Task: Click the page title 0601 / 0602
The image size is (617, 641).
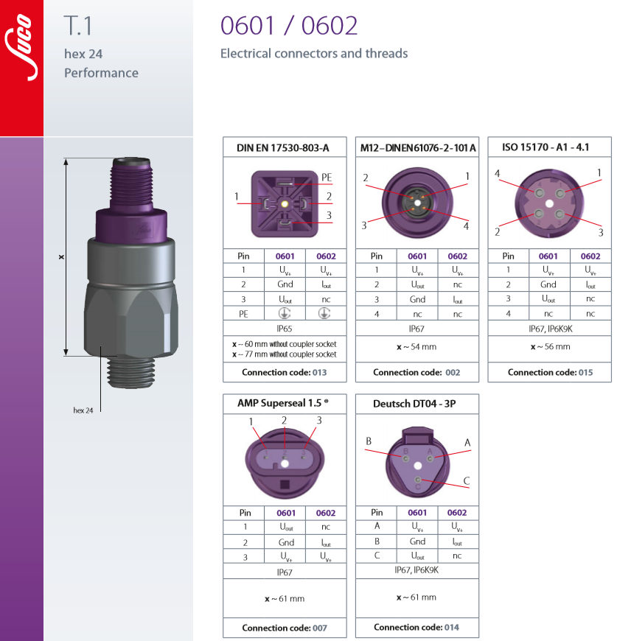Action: (289, 26)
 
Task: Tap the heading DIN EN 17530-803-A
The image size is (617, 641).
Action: (282, 147)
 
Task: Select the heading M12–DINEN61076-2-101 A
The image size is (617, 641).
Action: (417, 147)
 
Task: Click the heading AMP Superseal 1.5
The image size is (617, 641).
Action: (282, 404)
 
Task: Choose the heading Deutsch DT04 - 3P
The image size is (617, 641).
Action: (416, 404)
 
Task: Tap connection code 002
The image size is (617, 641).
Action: (452, 372)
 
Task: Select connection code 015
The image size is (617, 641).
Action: (585, 372)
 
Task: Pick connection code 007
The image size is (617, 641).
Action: (318, 628)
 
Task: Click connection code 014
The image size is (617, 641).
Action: (451, 628)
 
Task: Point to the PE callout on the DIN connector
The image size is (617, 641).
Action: (327, 177)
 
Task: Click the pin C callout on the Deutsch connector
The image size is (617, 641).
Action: (467, 481)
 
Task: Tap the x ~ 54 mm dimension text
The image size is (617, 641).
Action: (417, 346)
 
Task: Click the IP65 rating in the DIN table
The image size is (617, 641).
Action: (285, 329)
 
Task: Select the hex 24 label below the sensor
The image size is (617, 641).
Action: (83, 410)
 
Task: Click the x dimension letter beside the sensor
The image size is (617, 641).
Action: (61, 257)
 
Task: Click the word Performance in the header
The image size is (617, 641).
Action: (101, 73)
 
